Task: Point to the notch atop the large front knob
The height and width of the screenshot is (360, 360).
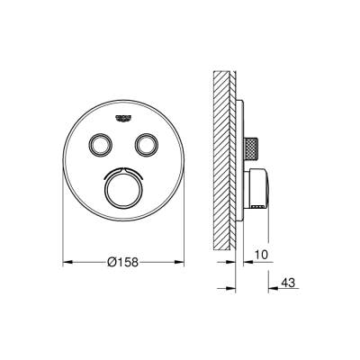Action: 122,168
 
